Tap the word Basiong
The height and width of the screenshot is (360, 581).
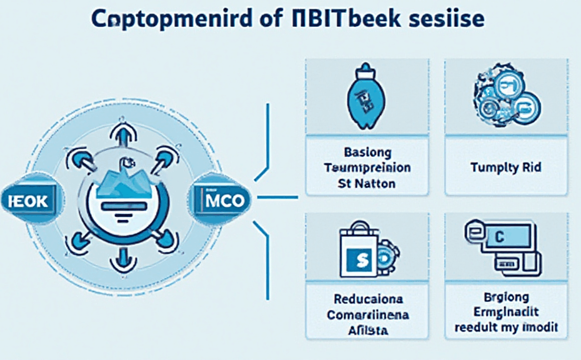[x=367, y=152]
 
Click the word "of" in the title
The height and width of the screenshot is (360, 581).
[x=272, y=18]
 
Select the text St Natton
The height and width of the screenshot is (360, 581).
[x=367, y=184]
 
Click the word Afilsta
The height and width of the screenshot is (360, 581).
[x=367, y=329]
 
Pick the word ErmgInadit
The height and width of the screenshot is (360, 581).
[x=507, y=312]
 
